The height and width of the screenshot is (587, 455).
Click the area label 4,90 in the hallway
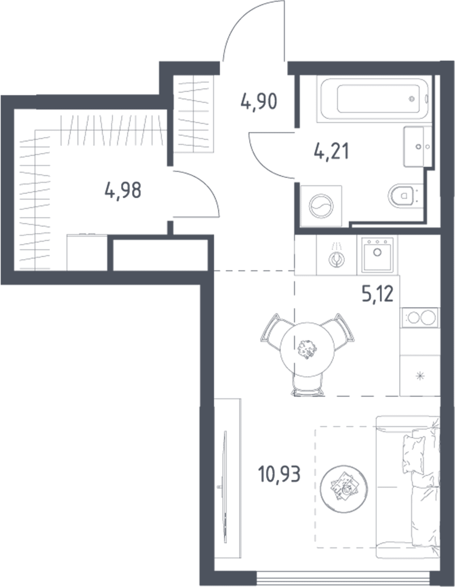tap(259, 102)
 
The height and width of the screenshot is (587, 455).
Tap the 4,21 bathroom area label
tap(331, 152)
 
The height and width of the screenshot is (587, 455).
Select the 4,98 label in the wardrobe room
tap(123, 190)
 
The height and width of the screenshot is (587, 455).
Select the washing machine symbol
tap(322, 205)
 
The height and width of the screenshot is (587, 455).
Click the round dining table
tap(307, 349)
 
